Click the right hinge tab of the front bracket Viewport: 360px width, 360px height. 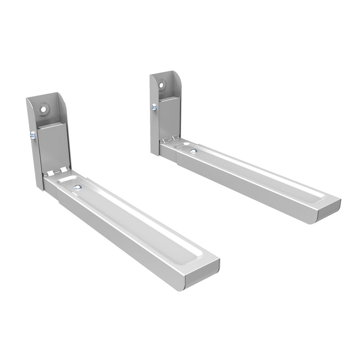pyautogui.click(x=64, y=169)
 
